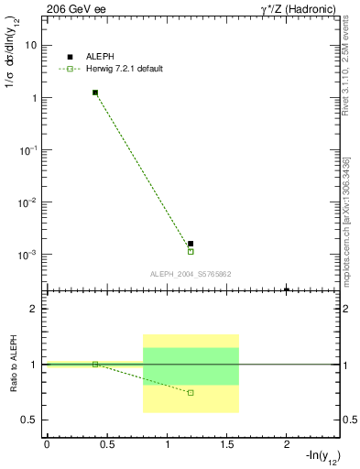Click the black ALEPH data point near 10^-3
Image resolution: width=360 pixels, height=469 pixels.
pyautogui.click(x=191, y=244)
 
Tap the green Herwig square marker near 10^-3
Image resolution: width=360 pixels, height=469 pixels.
pyautogui.click(x=191, y=251)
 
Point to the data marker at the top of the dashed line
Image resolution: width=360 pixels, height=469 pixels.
pyautogui.click(x=95, y=93)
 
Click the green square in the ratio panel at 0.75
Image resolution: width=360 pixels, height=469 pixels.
pyautogui.click(x=191, y=392)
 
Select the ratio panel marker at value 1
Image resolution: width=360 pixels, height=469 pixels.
pyautogui.click(x=95, y=364)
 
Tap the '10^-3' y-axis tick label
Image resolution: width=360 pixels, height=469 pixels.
pyautogui.click(x=29, y=254)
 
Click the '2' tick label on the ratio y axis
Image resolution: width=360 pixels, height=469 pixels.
pyautogui.click(x=34, y=309)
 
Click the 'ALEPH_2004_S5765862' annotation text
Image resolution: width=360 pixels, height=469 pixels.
pyautogui.click(x=191, y=274)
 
